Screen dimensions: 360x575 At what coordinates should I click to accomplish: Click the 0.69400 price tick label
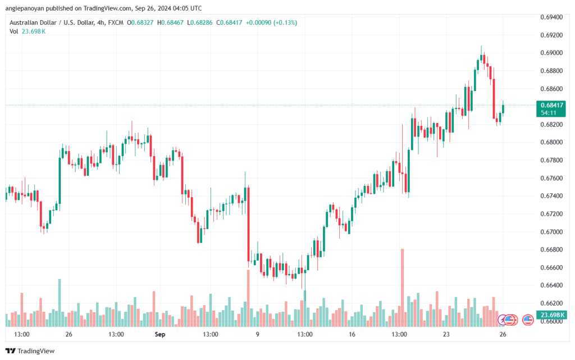click(551, 17)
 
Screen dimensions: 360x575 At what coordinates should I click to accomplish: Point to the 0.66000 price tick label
click(551, 321)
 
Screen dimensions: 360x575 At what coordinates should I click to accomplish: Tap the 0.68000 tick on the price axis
click(551, 142)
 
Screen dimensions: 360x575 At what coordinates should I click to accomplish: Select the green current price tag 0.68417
click(552, 105)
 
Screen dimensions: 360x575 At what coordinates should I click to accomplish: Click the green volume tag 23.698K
click(551, 315)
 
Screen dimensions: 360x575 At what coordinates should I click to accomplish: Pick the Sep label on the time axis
click(160, 334)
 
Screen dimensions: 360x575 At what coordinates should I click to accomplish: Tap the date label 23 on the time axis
click(446, 334)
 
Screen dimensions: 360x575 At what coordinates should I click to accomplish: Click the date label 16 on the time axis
click(352, 334)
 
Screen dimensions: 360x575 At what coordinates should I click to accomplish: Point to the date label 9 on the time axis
click(258, 334)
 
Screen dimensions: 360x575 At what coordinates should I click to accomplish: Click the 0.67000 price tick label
click(551, 231)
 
